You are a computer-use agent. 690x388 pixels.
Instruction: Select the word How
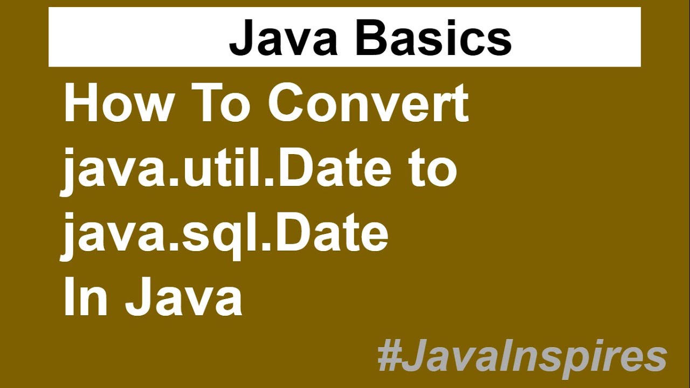(116, 103)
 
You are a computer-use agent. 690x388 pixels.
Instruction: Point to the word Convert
(368, 103)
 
